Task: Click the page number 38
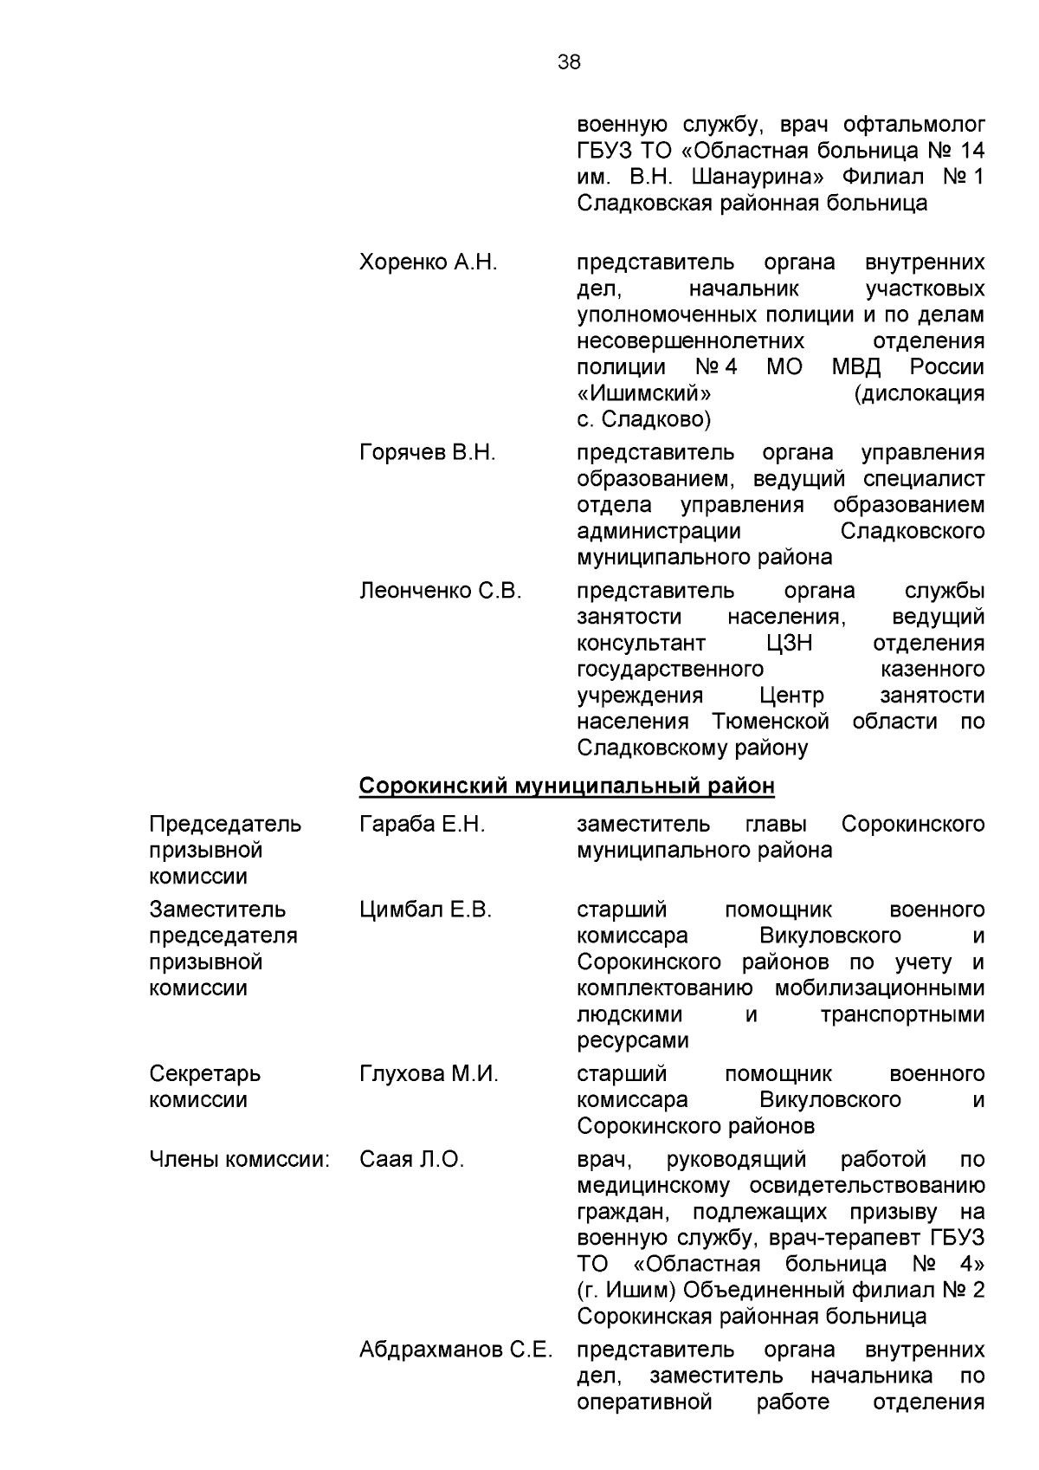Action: pyautogui.click(x=569, y=62)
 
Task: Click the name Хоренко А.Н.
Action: pyautogui.click(x=428, y=262)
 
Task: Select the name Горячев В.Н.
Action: pyautogui.click(x=427, y=452)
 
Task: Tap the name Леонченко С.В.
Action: pyautogui.click(x=440, y=591)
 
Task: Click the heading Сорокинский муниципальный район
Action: pyautogui.click(x=566, y=786)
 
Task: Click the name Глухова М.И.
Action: pyautogui.click(x=429, y=1074)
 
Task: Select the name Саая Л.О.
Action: pyautogui.click(x=411, y=1159)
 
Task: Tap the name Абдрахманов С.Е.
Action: pyautogui.click(x=455, y=1350)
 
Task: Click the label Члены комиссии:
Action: pyautogui.click(x=240, y=1159)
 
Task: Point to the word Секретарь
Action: pyautogui.click(x=204, y=1074)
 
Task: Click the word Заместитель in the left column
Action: pyautogui.click(x=217, y=910)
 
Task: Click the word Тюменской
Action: pyautogui.click(x=771, y=722)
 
